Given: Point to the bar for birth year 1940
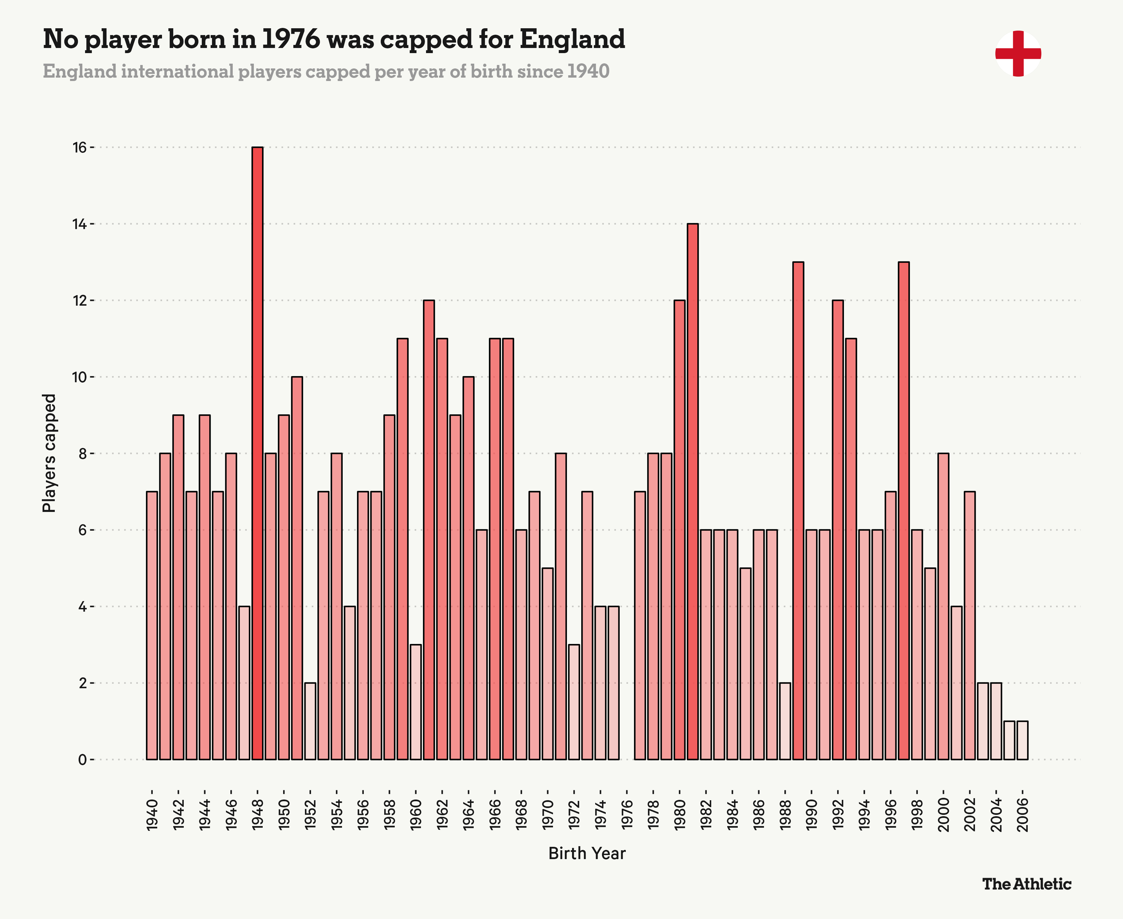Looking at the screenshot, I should point(152,625).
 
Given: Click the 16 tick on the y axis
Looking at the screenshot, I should point(79,148).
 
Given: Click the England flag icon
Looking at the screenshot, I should point(1018,53).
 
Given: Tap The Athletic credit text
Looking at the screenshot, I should point(1027,884).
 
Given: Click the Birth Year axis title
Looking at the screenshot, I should point(587,853).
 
